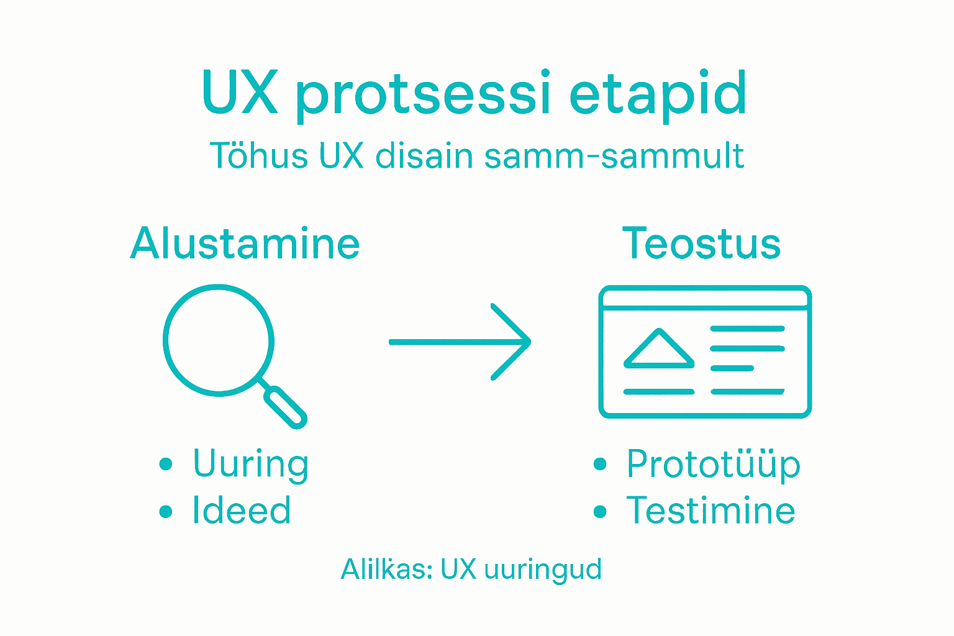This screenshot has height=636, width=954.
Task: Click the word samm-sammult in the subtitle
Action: click(x=614, y=156)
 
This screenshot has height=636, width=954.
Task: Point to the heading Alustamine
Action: click(x=245, y=243)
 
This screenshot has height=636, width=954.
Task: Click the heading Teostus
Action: click(x=701, y=243)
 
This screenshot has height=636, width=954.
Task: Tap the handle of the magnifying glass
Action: click(x=285, y=406)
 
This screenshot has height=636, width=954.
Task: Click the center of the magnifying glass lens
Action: click(x=219, y=340)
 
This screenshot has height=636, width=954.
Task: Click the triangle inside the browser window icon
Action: click(x=658, y=349)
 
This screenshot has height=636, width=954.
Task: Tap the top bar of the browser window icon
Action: click(x=705, y=298)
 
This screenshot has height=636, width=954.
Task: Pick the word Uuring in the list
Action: click(x=250, y=465)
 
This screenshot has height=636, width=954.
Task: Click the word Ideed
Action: click(x=242, y=511)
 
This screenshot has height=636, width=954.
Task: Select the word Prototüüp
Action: click(x=713, y=465)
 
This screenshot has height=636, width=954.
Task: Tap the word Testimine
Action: click(x=711, y=511)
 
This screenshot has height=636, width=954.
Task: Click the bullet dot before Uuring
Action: click(x=165, y=464)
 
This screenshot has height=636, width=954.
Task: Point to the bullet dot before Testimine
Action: click(x=599, y=511)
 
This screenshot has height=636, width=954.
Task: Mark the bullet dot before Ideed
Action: click(x=165, y=511)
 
